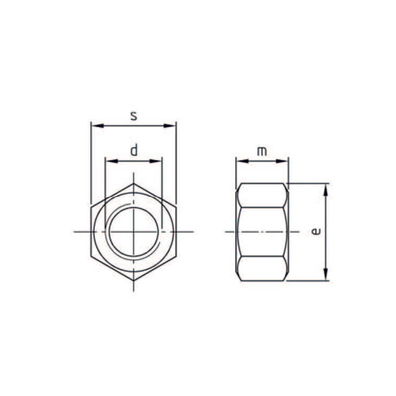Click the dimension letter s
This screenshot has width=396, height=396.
(x=134, y=116)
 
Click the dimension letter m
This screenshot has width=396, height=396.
(x=262, y=151)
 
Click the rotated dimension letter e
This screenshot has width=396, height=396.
(x=316, y=232)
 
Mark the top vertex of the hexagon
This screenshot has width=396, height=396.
(x=133, y=184)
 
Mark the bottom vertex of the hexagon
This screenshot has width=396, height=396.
(x=133, y=280)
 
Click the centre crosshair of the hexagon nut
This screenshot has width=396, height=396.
(x=133, y=232)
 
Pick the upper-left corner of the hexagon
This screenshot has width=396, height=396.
(x=91, y=207)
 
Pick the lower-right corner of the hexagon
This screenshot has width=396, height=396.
(x=176, y=256)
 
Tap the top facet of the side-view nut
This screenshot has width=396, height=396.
(x=262, y=195)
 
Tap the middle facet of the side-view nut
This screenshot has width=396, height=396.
(x=262, y=232)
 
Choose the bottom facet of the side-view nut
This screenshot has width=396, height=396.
(x=262, y=268)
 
